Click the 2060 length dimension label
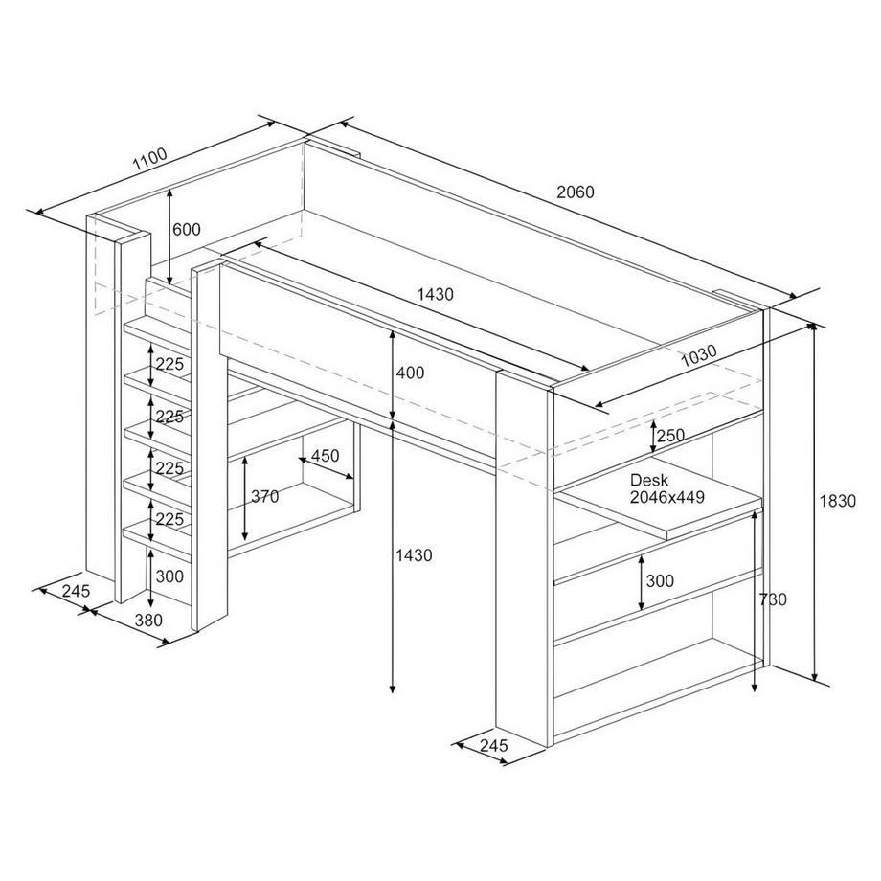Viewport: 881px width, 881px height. tap(576, 192)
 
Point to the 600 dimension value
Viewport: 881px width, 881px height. tap(187, 229)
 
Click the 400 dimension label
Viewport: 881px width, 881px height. tap(409, 373)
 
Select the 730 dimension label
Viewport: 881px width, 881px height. tap(773, 599)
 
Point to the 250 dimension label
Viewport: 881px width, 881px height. tap(671, 436)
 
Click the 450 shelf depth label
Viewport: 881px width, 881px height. tap(326, 456)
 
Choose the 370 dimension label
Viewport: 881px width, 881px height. tap(265, 496)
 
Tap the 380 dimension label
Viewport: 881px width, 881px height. tap(148, 620)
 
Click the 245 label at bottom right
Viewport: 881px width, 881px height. tap(492, 745)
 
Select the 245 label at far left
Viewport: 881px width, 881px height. tap(74, 591)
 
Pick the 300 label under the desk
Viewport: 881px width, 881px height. tap(660, 580)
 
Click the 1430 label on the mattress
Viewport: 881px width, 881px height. tap(435, 294)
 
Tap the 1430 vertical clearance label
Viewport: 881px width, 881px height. tap(415, 554)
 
